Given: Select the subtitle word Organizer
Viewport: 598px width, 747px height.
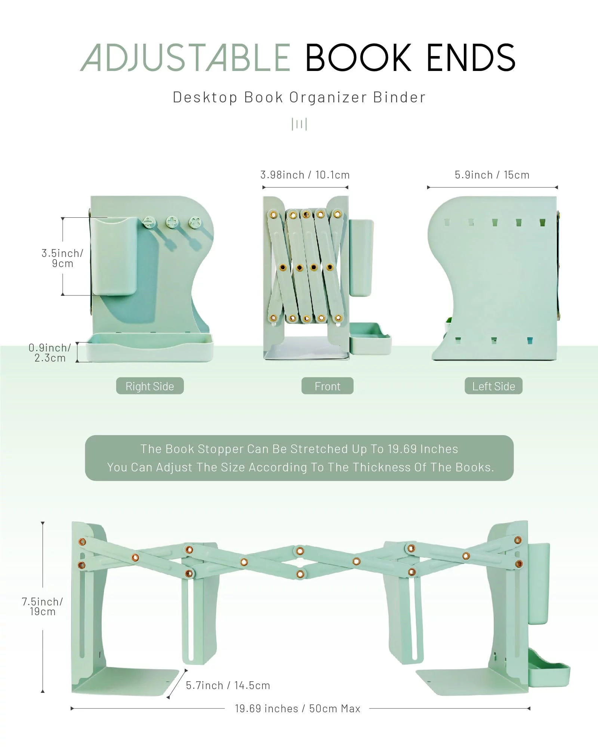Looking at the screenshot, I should pos(328,97).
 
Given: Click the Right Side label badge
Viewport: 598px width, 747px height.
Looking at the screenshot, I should pos(149,386).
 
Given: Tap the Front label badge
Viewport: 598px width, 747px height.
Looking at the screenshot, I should pos(327,386).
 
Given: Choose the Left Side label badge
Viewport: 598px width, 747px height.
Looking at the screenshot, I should pos(493,386).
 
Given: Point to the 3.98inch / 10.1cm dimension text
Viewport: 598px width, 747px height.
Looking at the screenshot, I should pos(305,175).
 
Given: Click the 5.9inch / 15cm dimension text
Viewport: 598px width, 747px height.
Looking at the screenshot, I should pos(492,175).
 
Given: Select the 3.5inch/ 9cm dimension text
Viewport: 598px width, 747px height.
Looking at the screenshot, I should pos(62,258).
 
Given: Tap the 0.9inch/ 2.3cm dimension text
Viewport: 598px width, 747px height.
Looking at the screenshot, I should pos(50,353).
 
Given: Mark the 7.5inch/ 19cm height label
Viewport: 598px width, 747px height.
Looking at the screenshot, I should pos(42,607).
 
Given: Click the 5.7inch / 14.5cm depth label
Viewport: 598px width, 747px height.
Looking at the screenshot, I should pos(228,685).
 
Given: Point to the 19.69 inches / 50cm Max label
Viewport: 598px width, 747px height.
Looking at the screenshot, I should pos(298,709).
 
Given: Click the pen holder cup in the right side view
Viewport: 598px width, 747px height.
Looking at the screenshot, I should pos(114,256).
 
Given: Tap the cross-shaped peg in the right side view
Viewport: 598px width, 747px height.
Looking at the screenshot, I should pos(172,223).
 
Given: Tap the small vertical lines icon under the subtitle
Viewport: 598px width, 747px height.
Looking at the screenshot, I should pos(299,124).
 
